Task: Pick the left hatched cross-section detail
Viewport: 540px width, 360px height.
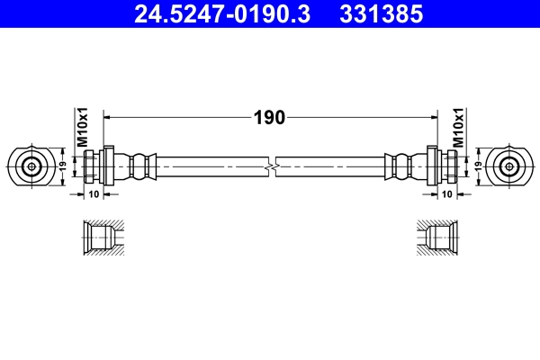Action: [98, 240]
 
